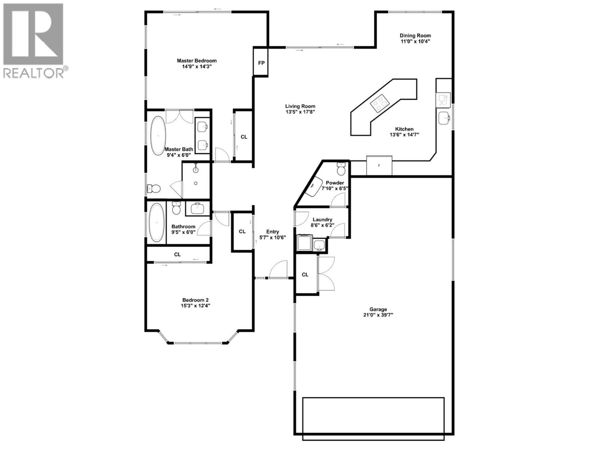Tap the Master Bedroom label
pyautogui.click(x=197, y=61)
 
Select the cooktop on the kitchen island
pyautogui.click(x=380, y=104)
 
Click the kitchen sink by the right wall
pyautogui.click(x=444, y=119)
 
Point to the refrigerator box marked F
pyautogui.click(x=379, y=165)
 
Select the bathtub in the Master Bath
pyautogui.click(x=158, y=135)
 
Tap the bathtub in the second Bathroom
pyautogui.click(x=156, y=223)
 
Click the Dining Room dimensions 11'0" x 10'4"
pyautogui.click(x=415, y=42)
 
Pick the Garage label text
pyautogui.click(x=378, y=309)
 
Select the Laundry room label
pyautogui.click(x=322, y=220)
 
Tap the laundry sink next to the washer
pyautogui.click(x=319, y=245)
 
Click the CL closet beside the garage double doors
pyautogui.click(x=305, y=275)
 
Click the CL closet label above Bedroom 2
pyautogui.click(x=177, y=254)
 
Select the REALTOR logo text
pyautogui.click(x=34, y=73)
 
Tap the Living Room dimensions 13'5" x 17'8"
pyautogui.click(x=300, y=112)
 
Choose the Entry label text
pyautogui.click(x=273, y=232)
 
